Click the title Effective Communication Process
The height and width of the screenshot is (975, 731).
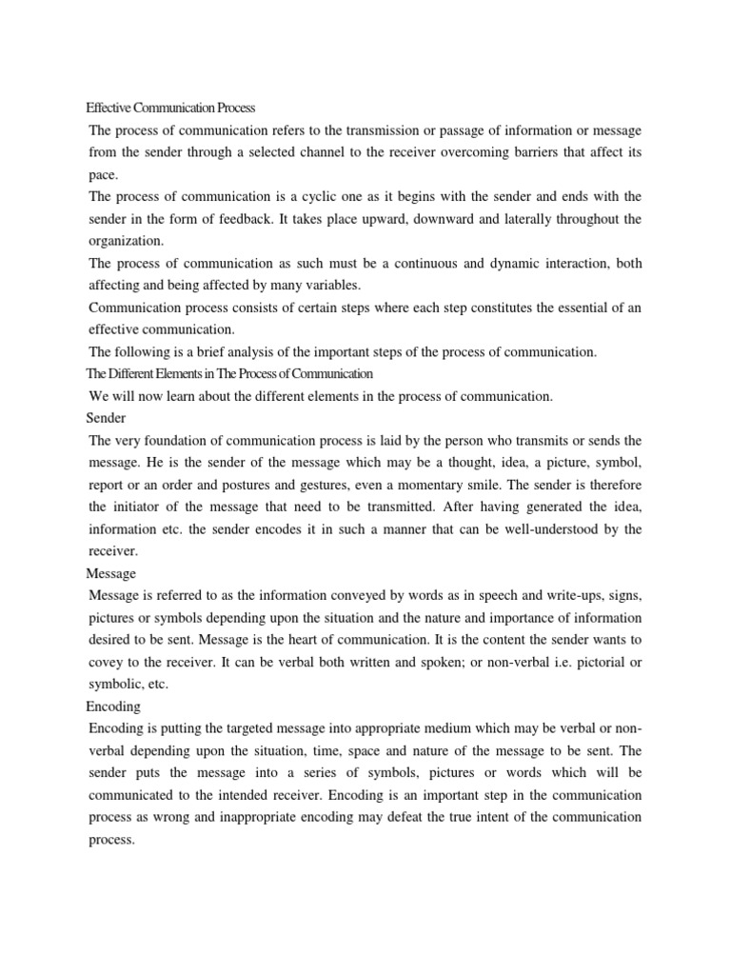point(171,109)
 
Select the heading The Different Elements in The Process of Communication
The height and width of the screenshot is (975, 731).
point(229,374)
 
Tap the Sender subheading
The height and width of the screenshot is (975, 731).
point(106,418)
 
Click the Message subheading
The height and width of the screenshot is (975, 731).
point(111,573)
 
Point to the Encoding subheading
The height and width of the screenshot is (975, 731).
point(113,706)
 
